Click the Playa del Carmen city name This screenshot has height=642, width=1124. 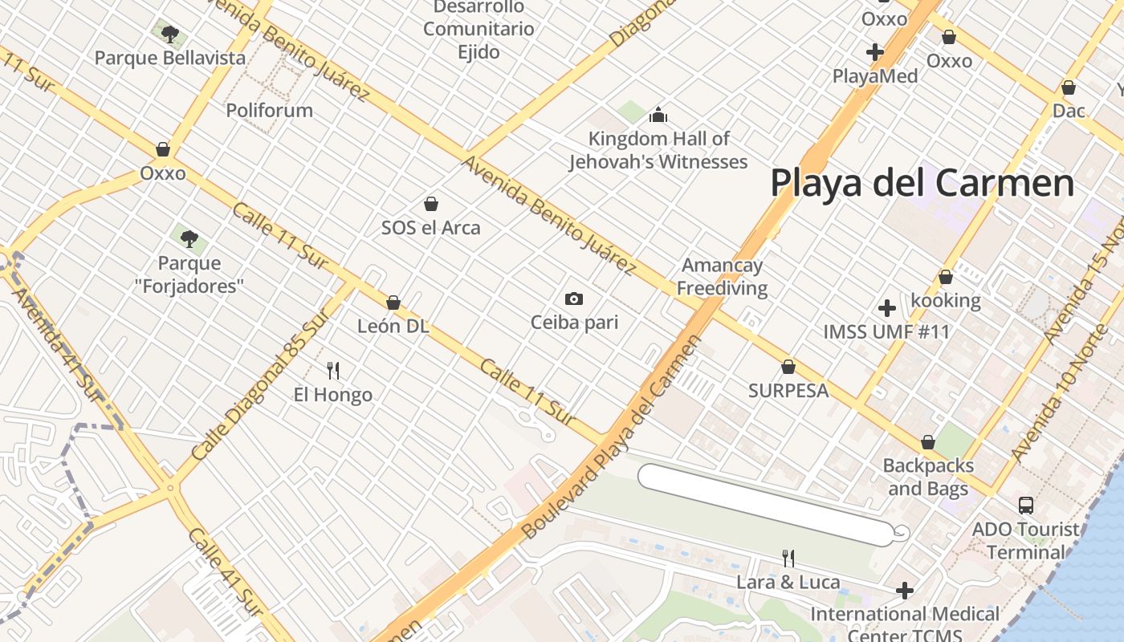(x=922, y=183)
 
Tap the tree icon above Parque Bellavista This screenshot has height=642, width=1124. (x=169, y=34)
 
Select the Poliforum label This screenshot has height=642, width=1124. (x=269, y=110)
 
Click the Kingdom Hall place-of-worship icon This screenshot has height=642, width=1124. (x=658, y=115)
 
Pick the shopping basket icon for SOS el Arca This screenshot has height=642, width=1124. (x=431, y=204)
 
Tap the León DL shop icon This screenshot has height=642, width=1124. (x=393, y=303)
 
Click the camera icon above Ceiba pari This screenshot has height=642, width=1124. (x=574, y=299)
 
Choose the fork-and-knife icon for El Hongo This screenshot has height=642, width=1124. (x=333, y=370)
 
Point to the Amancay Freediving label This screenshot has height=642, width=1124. (x=722, y=277)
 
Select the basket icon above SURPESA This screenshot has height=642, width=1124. (x=788, y=367)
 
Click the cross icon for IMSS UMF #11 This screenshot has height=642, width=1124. (x=887, y=308)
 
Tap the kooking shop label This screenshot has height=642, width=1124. (x=945, y=301)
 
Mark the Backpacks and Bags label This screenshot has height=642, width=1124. (x=928, y=477)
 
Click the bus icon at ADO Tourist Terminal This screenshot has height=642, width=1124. (x=1026, y=505)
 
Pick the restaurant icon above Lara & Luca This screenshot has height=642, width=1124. (x=788, y=558)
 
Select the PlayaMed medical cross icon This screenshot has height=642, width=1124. (x=875, y=53)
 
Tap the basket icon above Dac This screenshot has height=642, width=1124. (x=1069, y=87)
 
